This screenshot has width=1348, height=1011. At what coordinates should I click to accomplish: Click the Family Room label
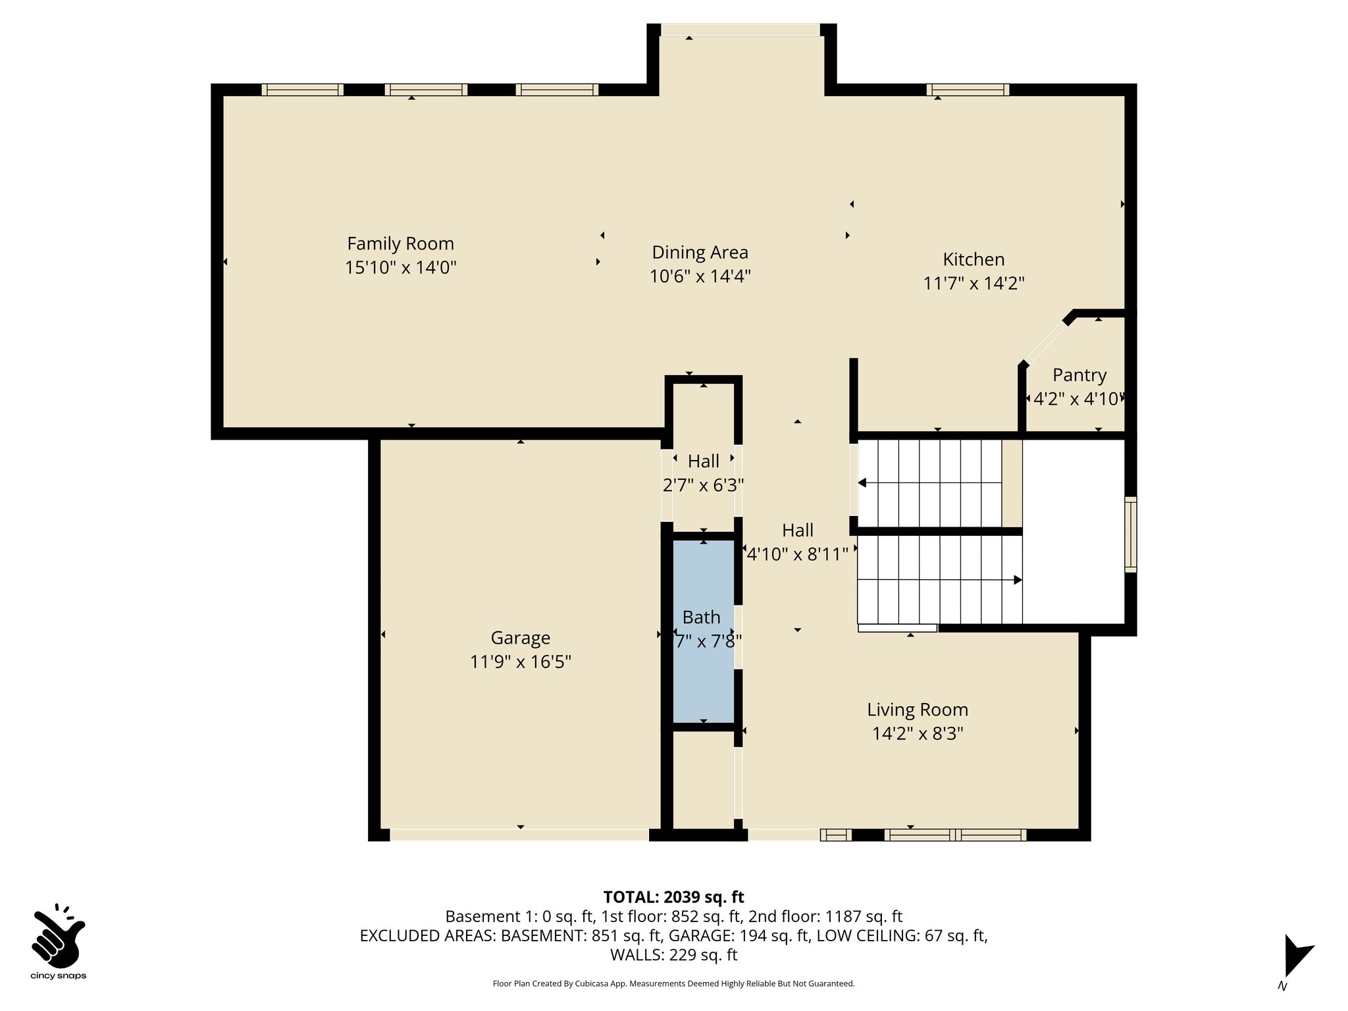400,244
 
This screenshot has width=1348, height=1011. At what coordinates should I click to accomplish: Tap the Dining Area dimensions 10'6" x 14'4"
700,276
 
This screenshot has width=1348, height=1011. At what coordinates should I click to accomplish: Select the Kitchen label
973,259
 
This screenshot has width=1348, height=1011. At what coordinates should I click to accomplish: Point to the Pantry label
1079,375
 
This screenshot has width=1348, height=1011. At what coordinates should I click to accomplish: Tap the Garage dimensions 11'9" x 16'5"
521,661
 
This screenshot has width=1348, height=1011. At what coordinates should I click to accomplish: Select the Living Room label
918,710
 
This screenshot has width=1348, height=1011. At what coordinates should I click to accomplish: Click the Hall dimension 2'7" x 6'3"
704,485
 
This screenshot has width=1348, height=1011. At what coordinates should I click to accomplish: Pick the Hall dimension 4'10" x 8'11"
798,554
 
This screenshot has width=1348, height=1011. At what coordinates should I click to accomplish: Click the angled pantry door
1045,342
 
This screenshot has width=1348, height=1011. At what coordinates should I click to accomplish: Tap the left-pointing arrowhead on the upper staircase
862,484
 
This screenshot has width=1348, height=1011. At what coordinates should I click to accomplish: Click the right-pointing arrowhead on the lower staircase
1018,580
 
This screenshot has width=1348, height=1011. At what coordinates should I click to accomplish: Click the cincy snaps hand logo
58,935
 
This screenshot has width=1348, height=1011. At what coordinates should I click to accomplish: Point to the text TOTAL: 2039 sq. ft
673,896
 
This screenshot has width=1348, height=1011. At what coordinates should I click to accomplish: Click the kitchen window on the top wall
968,90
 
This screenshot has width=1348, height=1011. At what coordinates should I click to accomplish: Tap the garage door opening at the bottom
519,835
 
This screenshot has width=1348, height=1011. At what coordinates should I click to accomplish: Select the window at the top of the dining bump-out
740,30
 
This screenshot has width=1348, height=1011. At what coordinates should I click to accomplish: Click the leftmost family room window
302,90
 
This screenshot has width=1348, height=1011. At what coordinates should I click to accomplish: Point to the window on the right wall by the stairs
1130,534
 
